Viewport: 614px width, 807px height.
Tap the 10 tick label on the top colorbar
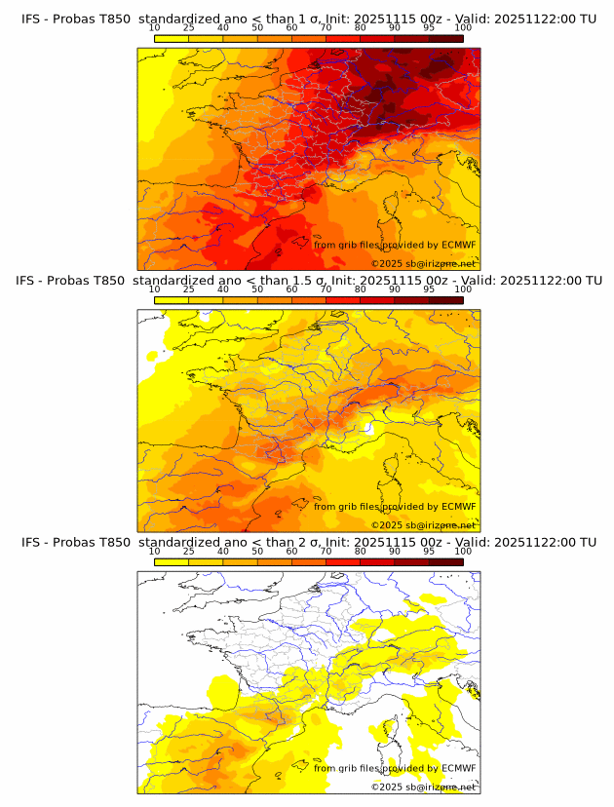click(154, 28)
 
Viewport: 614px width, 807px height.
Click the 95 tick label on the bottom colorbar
click(429, 551)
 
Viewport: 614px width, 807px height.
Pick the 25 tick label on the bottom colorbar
click(188, 551)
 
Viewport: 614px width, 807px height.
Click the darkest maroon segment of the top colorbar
click(446, 38)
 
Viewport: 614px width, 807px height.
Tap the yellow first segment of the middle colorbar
click(172, 300)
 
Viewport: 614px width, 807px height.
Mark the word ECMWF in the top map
click(458, 245)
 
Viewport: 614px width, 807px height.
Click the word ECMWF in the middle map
click(458, 506)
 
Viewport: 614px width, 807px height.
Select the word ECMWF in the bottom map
click(458, 768)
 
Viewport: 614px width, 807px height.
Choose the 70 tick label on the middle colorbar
click(326, 289)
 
